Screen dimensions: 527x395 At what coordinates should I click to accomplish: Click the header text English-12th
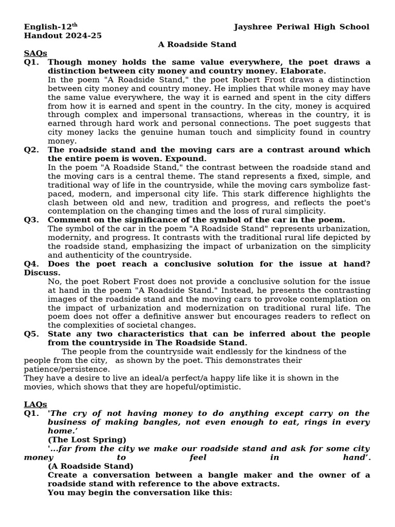point(50,27)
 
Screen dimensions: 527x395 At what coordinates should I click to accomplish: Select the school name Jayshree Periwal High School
point(301,27)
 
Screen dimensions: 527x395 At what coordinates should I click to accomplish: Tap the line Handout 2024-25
point(62,36)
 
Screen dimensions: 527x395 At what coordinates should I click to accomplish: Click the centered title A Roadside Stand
point(197,44)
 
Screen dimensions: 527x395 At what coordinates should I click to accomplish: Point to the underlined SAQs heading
point(35,53)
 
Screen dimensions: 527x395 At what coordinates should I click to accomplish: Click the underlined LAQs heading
point(35,404)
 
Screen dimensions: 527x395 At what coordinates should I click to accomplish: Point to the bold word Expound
point(185,159)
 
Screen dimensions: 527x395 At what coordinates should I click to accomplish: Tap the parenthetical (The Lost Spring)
point(87,440)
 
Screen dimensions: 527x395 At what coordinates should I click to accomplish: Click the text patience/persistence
point(67,369)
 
